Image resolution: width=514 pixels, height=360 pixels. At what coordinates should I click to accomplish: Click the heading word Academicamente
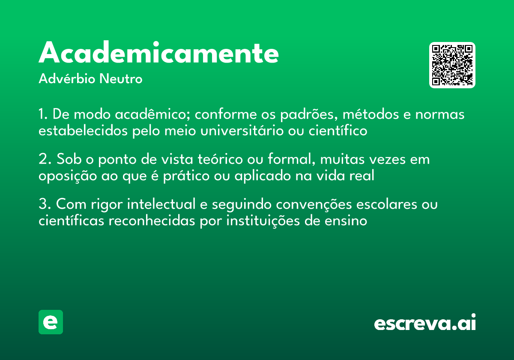pyautogui.click(x=158, y=54)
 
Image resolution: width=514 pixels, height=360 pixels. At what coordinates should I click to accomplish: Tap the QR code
pyautogui.click(x=452, y=65)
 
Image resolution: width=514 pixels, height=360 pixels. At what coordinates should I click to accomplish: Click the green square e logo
pyautogui.click(x=51, y=322)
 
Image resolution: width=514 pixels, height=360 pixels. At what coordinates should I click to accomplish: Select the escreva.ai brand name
pyautogui.click(x=424, y=323)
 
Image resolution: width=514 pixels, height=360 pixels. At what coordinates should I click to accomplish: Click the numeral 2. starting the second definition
pyautogui.click(x=45, y=159)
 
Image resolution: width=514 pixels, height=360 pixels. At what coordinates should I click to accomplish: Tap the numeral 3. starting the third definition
pyautogui.click(x=45, y=204)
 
